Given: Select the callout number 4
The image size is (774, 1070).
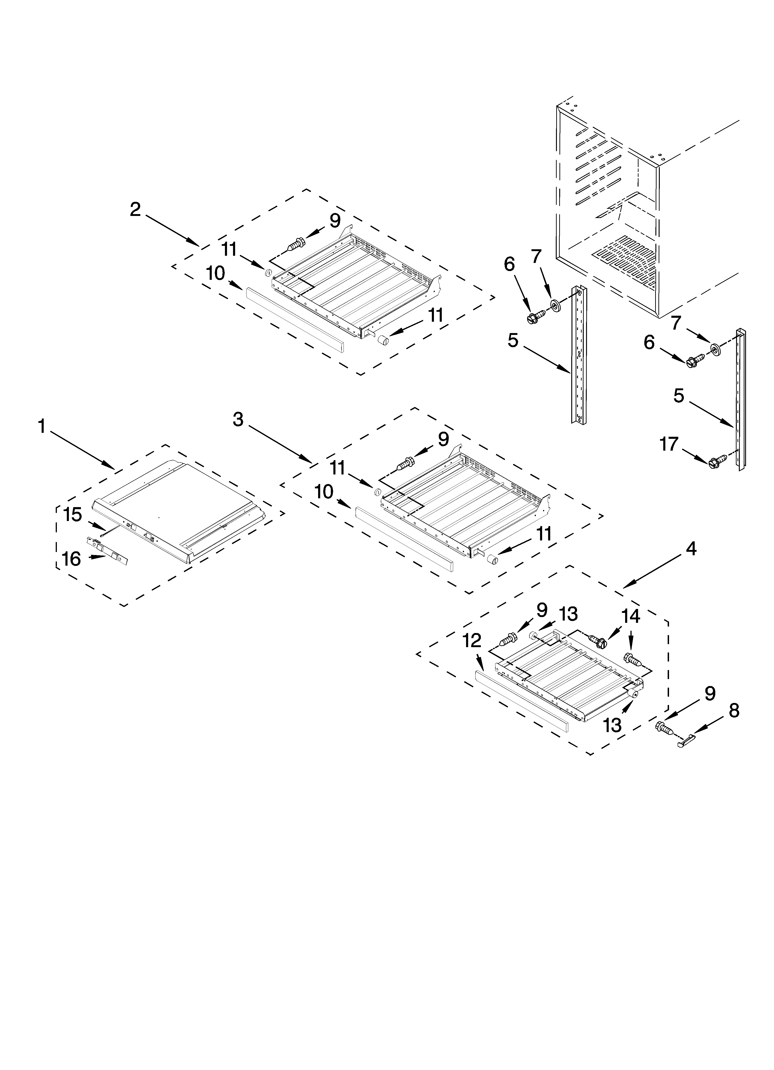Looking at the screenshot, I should [x=691, y=549].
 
